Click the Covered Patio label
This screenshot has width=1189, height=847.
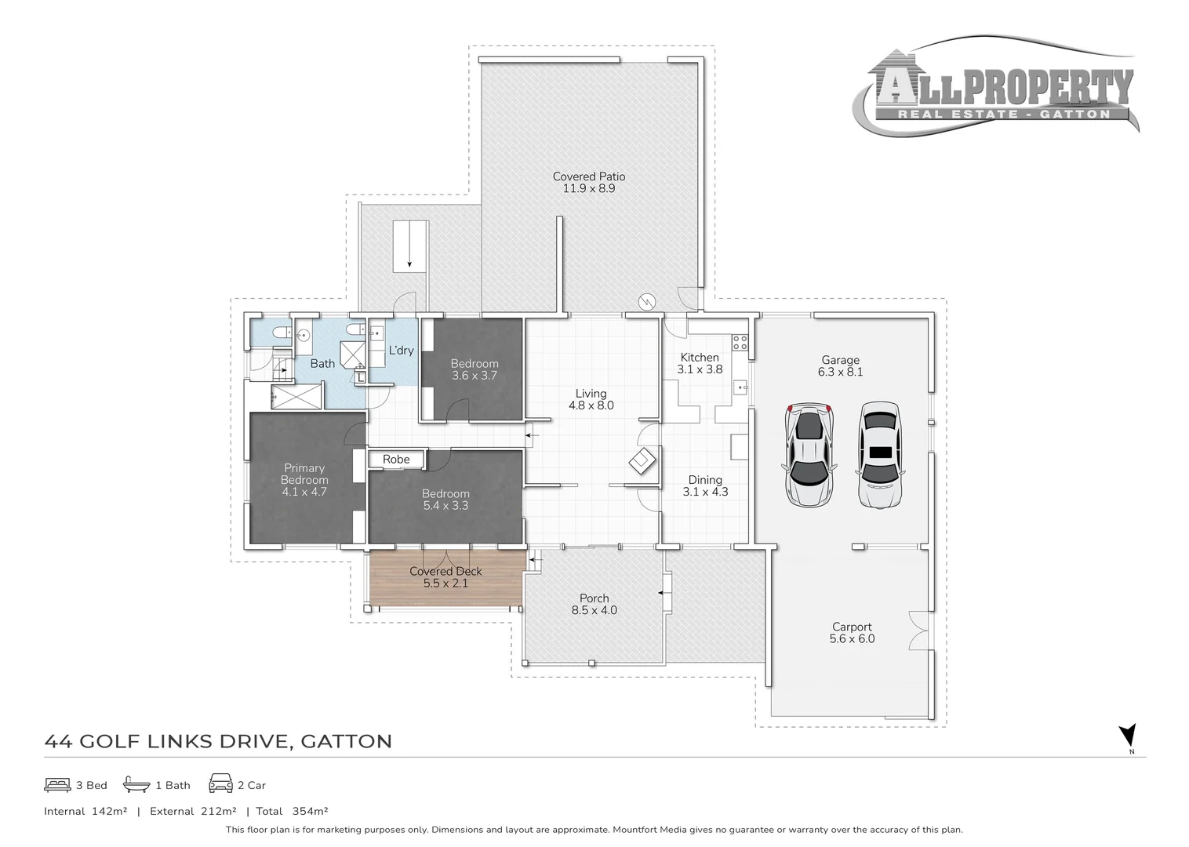click(589, 183)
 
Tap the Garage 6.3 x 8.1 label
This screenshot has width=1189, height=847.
click(840, 365)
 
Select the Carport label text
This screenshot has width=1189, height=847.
click(852, 627)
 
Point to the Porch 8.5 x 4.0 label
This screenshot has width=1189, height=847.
click(594, 604)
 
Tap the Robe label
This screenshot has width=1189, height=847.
click(397, 459)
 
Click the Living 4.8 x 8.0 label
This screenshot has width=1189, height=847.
click(591, 399)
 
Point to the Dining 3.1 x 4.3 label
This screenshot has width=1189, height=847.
click(705, 485)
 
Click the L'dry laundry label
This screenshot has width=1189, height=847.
click(401, 351)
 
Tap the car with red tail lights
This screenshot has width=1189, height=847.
click(809, 455)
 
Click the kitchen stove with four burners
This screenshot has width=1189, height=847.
click(740, 342)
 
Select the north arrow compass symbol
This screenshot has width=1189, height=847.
click(1128, 736)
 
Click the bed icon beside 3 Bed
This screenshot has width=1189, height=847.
click(57, 785)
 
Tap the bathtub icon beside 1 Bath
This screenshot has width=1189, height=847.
click(136, 784)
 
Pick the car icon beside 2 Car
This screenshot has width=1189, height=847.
click(220, 783)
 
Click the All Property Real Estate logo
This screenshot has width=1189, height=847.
click(996, 86)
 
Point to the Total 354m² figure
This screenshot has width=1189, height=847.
click(292, 811)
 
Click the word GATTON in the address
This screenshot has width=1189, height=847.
click(347, 741)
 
